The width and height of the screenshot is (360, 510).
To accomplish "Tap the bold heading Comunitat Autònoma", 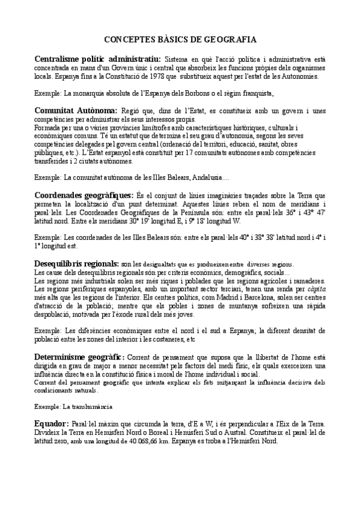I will point(76,111).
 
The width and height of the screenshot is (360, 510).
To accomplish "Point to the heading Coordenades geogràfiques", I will point(84,195).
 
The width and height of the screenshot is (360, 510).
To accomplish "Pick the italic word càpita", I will point(313,289).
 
